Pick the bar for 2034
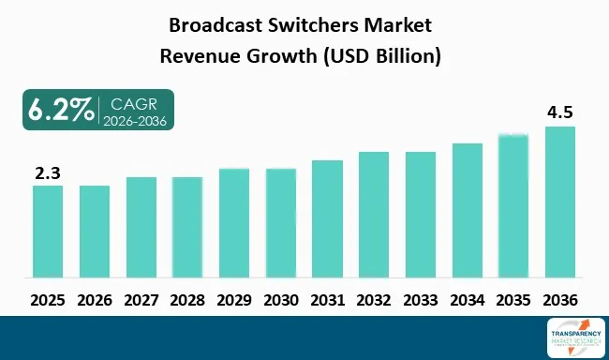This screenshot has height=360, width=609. point(467,210)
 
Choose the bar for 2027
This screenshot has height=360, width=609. point(141,227)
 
